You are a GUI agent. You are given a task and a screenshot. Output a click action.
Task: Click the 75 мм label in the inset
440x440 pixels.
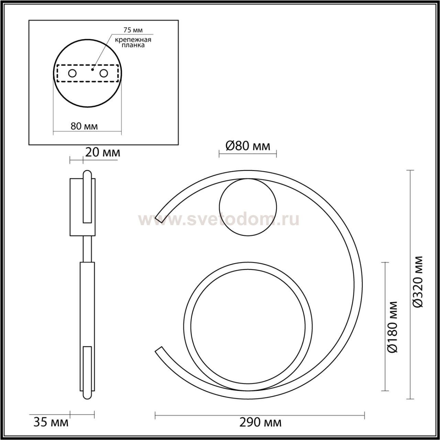(133, 30)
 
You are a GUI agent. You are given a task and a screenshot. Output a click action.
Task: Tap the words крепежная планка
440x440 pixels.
(133, 43)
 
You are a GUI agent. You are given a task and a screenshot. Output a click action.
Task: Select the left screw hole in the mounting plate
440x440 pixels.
(73, 74)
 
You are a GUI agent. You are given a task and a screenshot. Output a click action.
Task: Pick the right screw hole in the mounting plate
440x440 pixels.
(104, 74)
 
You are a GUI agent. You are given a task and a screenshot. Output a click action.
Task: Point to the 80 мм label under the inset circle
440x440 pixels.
(84, 126)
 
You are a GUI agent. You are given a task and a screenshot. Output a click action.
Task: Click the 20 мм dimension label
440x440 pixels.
(103, 153)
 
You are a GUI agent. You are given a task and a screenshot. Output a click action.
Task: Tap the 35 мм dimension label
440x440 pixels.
(51, 422)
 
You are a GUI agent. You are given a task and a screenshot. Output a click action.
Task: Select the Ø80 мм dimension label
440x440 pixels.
(248, 146)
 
